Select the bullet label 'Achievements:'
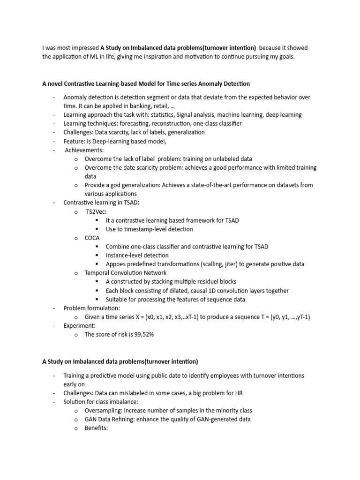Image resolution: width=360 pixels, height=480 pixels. pyautogui.click(x=84, y=150)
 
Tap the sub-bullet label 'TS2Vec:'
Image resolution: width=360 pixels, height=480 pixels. pyautogui.click(x=96, y=211)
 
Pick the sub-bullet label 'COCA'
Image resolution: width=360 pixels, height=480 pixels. pyautogui.click(x=92, y=238)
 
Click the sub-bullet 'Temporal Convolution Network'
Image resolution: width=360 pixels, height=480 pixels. pyautogui.click(x=126, y=272)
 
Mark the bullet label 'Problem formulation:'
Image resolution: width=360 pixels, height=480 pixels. pyautogui.click(x=92, y=308)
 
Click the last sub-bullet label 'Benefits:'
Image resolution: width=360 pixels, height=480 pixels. pyautogui.click(x=96, y=428)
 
